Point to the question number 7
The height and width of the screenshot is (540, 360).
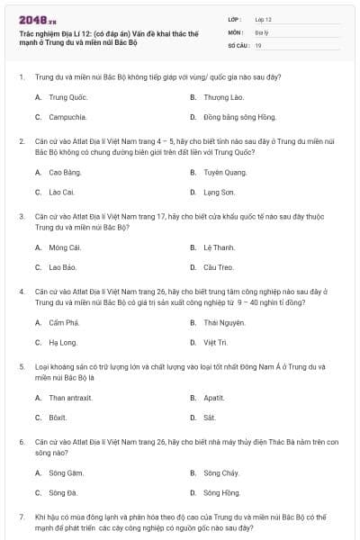[22, 517]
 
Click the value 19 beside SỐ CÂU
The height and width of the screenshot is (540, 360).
[258, 45]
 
